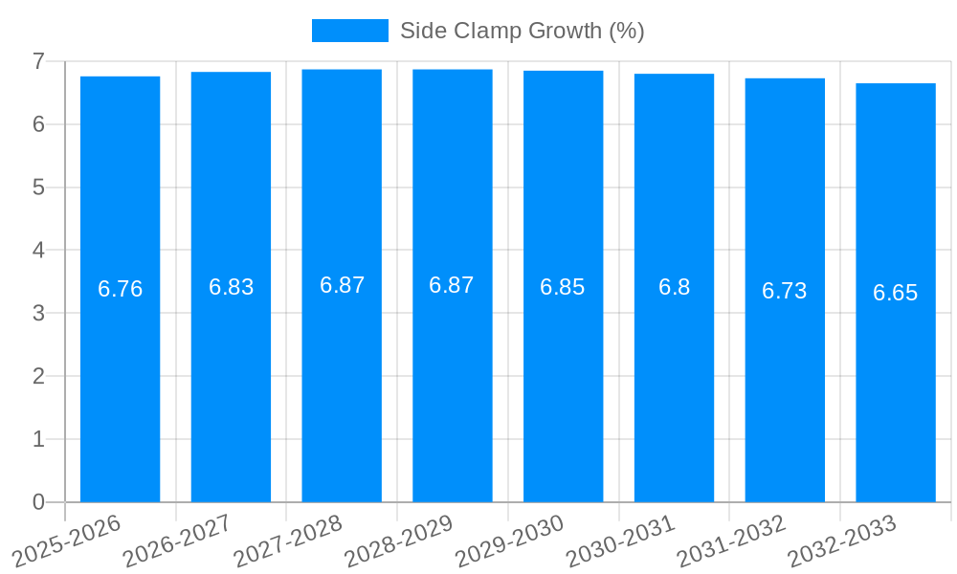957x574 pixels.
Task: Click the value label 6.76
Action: pos(121,289)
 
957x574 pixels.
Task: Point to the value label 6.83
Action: pos(232,287)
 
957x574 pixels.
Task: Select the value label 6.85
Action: pos(563,287)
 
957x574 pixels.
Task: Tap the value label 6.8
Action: pos(674,287)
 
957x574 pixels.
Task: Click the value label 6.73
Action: pos(785,291)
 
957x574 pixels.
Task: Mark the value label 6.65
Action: pos(896,293)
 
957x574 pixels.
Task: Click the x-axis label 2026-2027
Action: pos(177,541)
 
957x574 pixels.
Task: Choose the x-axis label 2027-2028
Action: pos(288,541)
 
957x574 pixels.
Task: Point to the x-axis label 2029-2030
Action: pos(509,541)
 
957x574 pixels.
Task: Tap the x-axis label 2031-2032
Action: pos(731,541)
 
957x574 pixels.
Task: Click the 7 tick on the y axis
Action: pos(38,61)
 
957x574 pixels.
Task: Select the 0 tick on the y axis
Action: pos(38,502)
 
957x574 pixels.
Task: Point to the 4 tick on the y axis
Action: pos(38,251)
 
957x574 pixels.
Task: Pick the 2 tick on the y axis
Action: pos(38,376)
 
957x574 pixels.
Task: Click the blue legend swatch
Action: pos(350,31)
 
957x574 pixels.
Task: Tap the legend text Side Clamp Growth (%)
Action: pos(522,31)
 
